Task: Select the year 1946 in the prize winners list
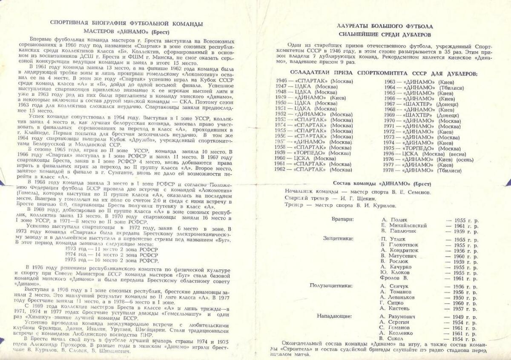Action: (x=281, y=80)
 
